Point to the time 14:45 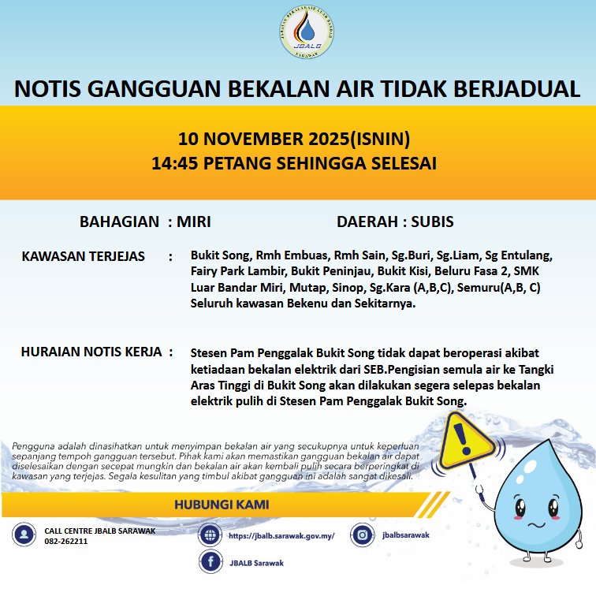click(176, 164)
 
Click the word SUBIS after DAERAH click(432, 222)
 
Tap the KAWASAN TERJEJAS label click(88, 257)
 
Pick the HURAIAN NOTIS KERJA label click(91, 352)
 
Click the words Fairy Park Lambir click(228, 271)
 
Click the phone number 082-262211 click(65, 542)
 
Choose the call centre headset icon click(24, 535)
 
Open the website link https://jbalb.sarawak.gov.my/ click(281, 536)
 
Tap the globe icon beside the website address click(210, 535)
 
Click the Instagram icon click(362, 535)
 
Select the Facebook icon click(210, 563)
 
